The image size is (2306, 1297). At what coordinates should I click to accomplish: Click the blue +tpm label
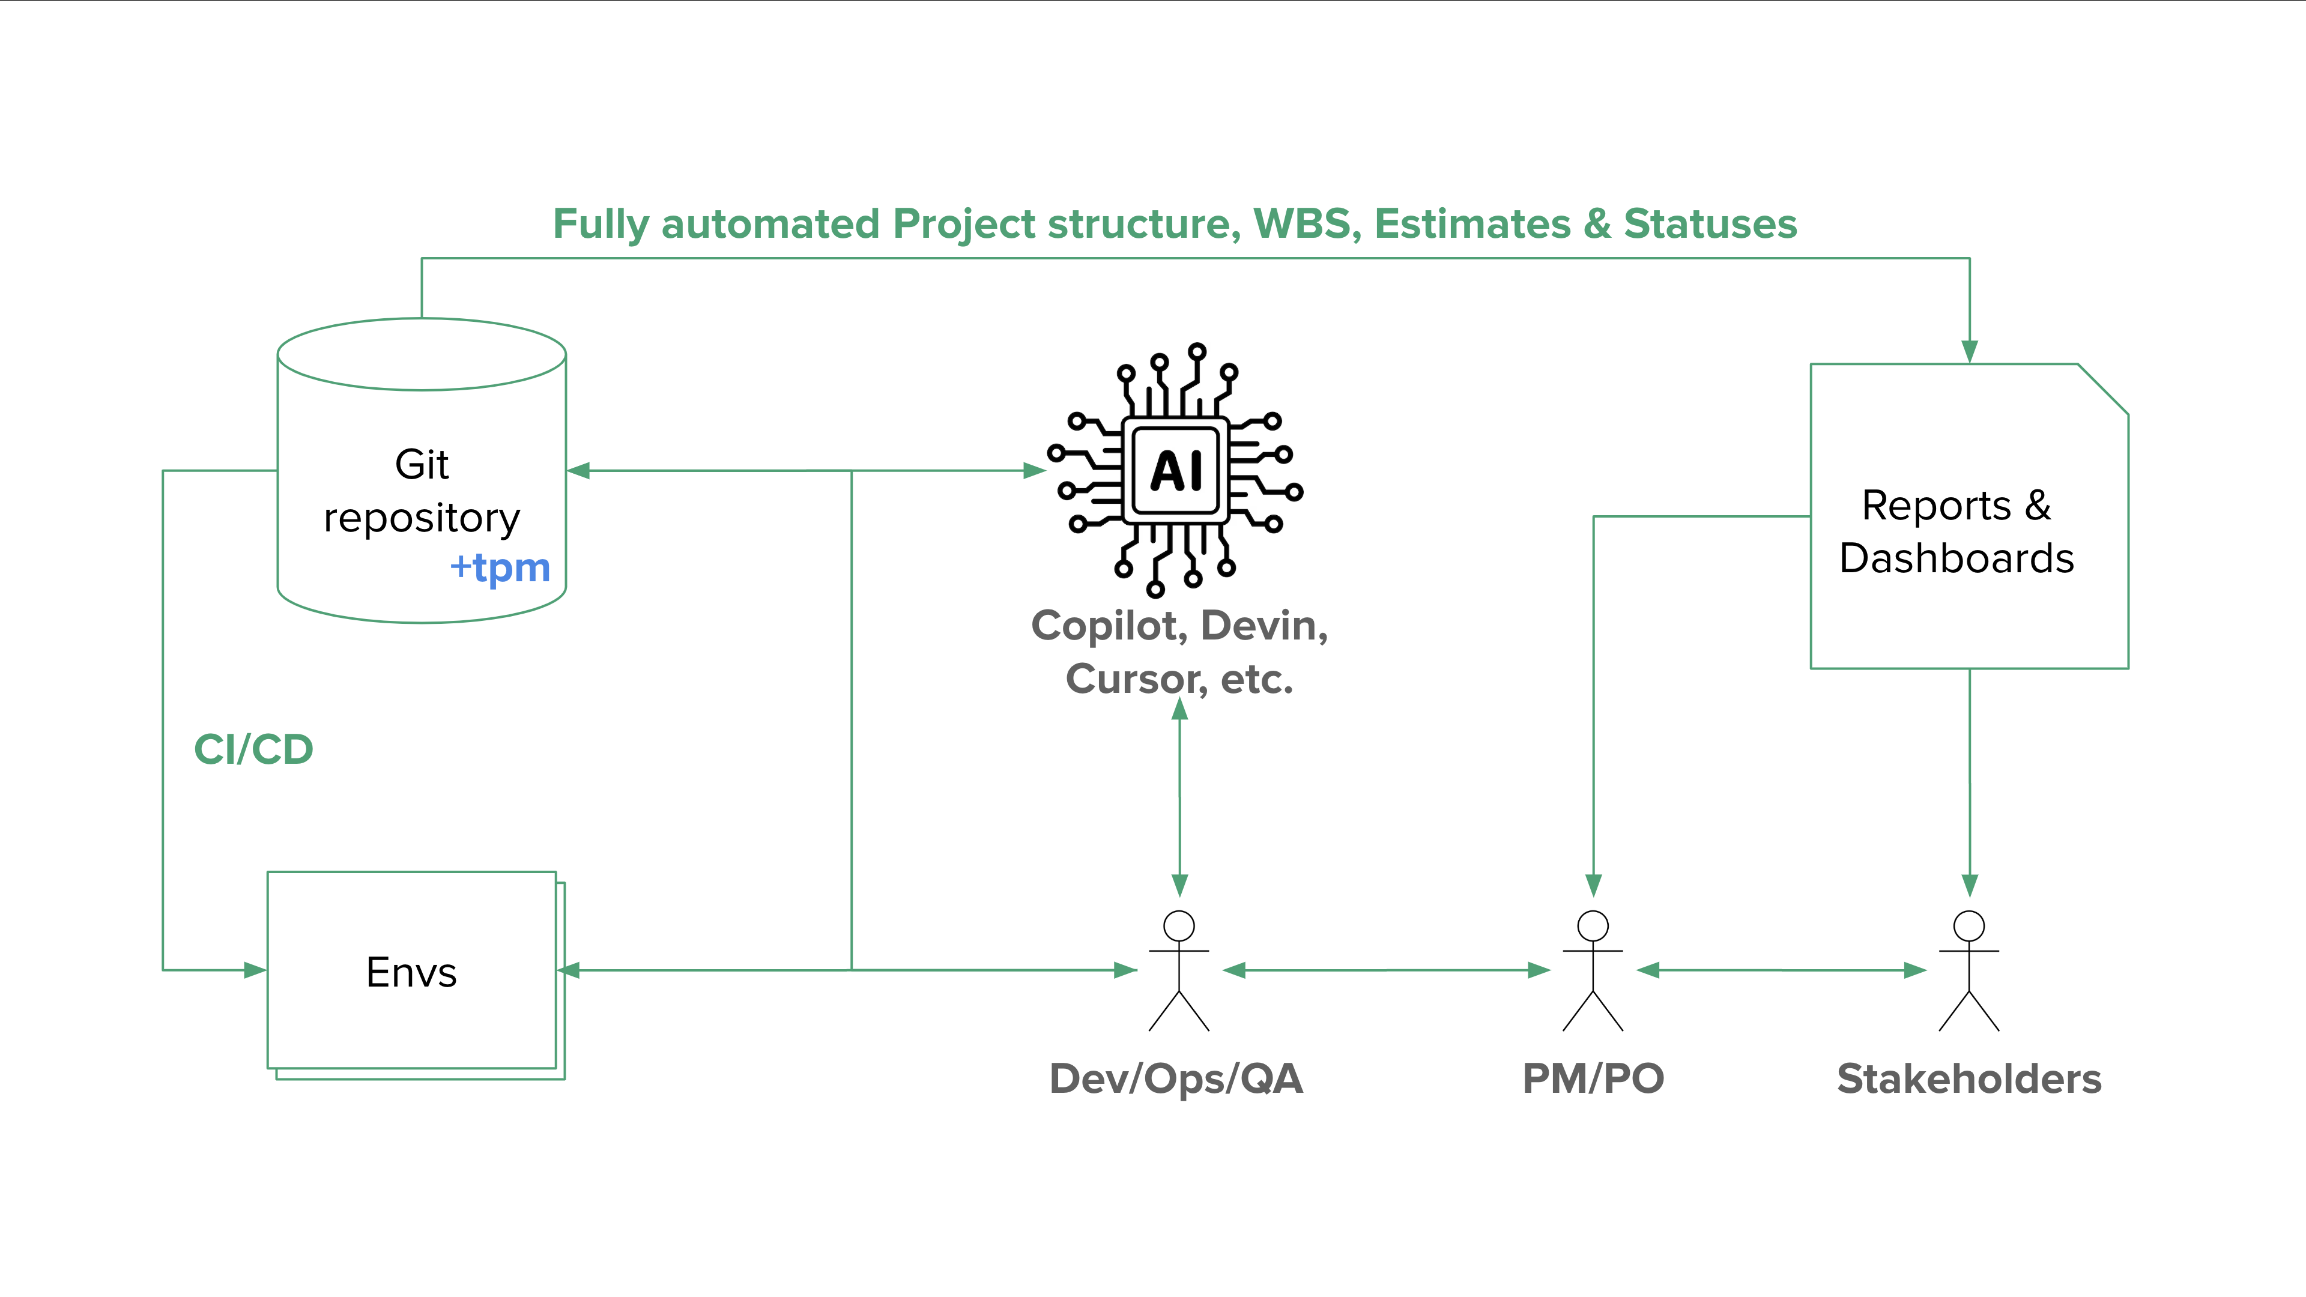(500, 567)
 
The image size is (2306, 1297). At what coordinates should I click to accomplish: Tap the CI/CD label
(253, 749)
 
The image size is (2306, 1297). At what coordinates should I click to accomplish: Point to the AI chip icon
(1175, 470)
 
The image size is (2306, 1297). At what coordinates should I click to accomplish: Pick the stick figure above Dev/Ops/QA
(1179, 970)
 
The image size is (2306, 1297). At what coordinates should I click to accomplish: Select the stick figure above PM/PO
(1593, 970)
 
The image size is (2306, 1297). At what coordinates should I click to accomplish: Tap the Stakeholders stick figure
(1969, 970)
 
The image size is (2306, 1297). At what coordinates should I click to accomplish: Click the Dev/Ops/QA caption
(1175, 1078)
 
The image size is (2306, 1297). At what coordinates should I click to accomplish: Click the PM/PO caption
(1593, 1078)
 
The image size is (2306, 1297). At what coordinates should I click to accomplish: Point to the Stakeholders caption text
(1969, 1078)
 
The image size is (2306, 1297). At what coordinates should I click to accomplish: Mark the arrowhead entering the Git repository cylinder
(579, 470)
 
